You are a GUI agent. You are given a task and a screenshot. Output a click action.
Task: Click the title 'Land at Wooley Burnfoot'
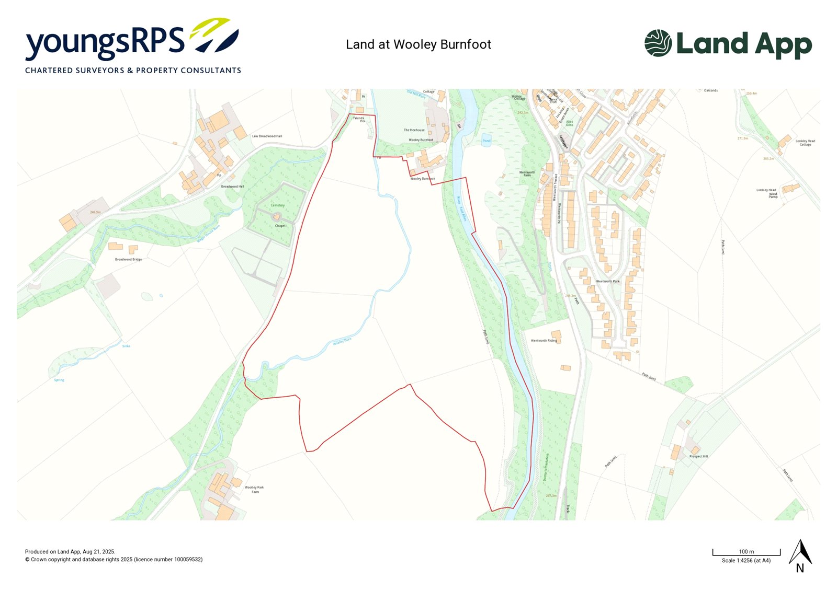tap(418, 44)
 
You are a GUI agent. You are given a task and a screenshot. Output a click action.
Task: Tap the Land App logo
tap(728, 44)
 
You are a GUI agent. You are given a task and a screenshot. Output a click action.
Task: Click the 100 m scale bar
tap(746, 552)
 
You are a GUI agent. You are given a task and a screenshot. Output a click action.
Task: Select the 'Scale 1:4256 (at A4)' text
tap(746, 561)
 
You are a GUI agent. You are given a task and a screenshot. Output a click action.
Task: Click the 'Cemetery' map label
tap(278, 205)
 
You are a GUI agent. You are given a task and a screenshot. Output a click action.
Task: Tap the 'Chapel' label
tap(280, 226)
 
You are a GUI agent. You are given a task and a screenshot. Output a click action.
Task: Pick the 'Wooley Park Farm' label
tap(254, 490)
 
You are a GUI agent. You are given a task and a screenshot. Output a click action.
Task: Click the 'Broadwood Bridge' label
tap(128, 259)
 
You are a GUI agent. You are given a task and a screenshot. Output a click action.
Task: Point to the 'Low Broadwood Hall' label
tap(267, 136)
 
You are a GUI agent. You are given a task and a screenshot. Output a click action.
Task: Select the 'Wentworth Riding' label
tap(544, 341)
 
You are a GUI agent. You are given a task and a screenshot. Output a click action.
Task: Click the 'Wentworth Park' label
tap(608, 281)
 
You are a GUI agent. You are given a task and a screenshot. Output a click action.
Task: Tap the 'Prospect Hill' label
tap(698, 456)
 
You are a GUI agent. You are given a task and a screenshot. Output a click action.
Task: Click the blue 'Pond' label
tap(487, 141)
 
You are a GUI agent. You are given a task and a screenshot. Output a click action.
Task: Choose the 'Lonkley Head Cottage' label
tap(805, 143)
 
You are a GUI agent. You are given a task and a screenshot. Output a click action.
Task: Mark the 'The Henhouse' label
tap(414, 130)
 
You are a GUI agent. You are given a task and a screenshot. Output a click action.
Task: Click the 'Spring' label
tap(59, 380)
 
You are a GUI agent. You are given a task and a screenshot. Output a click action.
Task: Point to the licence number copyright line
tap(114, 560)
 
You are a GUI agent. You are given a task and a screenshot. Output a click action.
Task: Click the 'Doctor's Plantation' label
tap(546, 467)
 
